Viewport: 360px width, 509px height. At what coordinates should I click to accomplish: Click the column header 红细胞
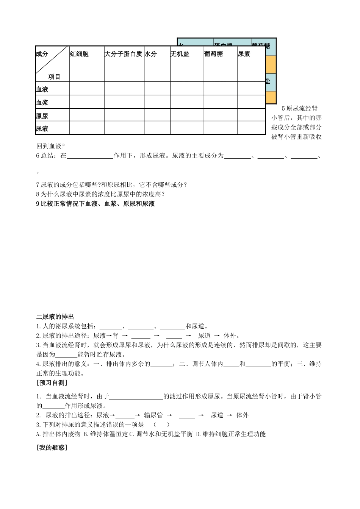point(79,54)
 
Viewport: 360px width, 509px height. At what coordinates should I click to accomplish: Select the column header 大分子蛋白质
point(123,54)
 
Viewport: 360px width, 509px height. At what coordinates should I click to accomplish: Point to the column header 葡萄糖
point(213,54)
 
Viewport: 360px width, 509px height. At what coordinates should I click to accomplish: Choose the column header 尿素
point(244,54)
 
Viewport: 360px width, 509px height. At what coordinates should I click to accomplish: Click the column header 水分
point(150,54)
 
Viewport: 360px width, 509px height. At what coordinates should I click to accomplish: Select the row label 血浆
point(42,103)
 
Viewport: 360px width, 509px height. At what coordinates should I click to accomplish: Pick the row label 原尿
point(42,116)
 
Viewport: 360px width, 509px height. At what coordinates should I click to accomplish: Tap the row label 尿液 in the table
point(42,129)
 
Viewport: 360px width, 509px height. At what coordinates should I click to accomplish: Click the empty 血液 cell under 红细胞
point(87,89)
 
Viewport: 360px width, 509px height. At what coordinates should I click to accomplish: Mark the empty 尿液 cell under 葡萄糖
point(221,128)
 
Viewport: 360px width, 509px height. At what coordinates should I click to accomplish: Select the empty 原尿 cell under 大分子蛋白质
point(124,115)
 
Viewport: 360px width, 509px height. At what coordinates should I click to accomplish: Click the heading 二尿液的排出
point(55,317)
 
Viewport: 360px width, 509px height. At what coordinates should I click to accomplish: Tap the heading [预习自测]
point(52,383)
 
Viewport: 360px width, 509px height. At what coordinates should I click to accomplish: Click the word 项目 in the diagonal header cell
point(54,77)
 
